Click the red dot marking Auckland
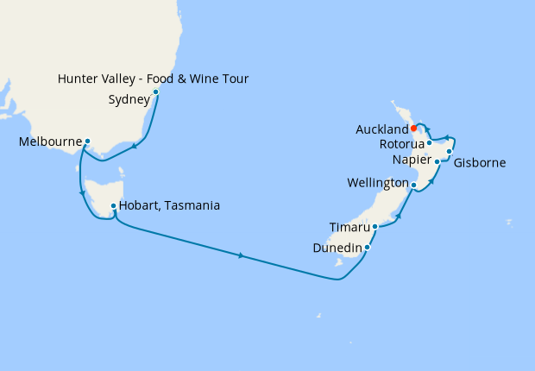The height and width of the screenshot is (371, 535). coord(414,129)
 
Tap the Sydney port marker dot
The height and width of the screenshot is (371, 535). coord(155,92)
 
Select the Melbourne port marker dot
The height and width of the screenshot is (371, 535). coord(88,141)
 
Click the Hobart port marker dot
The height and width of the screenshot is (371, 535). coord(113,205)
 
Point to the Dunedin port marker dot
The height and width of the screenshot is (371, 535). coord(368,248)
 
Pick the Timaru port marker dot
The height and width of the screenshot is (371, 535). coord(374,227)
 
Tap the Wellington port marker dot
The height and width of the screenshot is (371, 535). coord(413,185)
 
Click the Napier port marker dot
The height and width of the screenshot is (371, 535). coord(437,161)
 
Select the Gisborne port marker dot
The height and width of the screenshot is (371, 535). coord(450,152)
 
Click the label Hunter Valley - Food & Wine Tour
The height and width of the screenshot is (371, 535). coord(153,79)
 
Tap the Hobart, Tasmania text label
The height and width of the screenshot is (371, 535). coord(169,206)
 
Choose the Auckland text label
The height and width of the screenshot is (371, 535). coord(381,129)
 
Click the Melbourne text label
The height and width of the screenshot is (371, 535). coord(50,141)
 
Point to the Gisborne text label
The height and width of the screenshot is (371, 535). coord(480,163)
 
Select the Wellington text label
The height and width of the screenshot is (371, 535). coord(378,184)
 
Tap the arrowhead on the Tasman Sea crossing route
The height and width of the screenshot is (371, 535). coord(242,255)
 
